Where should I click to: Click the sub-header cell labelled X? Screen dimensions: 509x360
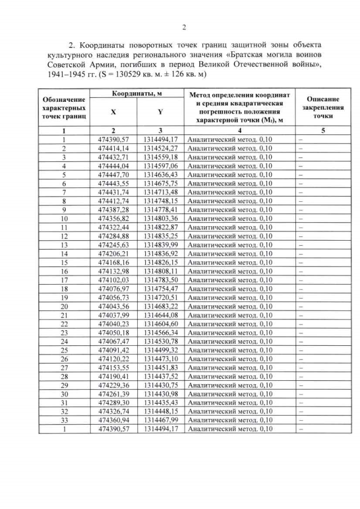[113, 112]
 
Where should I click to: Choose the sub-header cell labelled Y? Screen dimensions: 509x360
[160, 112]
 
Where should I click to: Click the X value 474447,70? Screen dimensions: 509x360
[113, 175]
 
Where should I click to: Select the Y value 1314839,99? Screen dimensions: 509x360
[160, 245]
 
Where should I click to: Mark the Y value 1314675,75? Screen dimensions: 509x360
[160, 183]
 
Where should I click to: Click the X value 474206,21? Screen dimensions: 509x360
[113, 254]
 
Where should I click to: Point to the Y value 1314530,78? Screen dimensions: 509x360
[160, 341]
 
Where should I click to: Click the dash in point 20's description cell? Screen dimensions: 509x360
[301, 307]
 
